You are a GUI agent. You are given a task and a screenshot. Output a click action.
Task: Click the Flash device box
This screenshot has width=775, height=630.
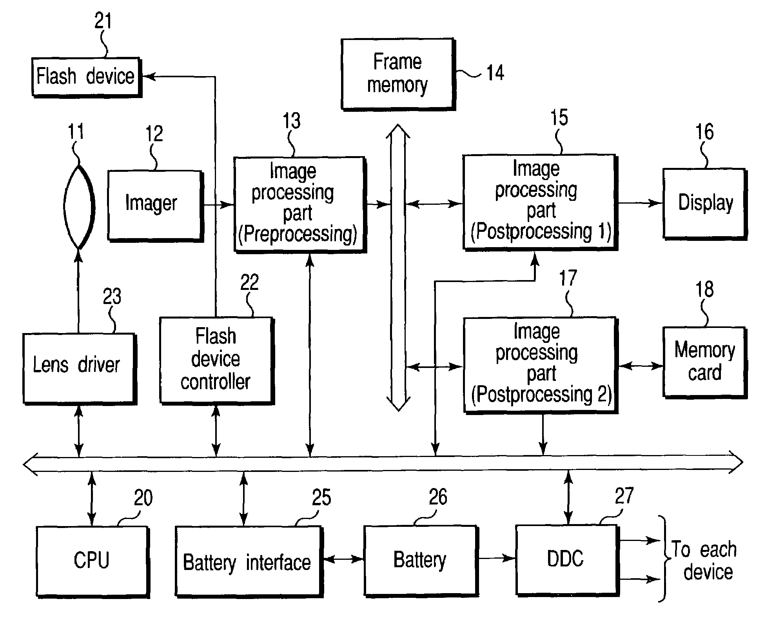coord(86,77)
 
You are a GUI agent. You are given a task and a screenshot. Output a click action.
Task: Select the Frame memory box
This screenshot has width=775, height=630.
coord(397,74)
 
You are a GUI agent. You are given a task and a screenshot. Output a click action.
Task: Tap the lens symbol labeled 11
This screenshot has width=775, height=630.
coord(79,207)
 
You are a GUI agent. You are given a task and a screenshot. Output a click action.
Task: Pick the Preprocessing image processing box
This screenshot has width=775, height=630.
coord(299,204)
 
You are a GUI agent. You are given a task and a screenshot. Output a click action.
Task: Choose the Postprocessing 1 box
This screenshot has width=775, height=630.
coord(539,202)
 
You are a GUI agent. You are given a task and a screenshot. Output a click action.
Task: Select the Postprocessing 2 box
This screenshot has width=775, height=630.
coord(540,364)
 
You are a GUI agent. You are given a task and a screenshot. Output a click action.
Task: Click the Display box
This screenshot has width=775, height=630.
coord(704,203)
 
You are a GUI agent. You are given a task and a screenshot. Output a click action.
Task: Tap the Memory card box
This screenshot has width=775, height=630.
coord(704,362)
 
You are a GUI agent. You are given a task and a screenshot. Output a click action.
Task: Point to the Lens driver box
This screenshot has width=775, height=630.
coord(78,368)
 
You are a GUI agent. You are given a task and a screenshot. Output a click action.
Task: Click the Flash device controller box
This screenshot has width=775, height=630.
coord(216,360)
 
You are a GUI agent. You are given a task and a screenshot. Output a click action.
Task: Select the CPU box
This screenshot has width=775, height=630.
coord(92,561)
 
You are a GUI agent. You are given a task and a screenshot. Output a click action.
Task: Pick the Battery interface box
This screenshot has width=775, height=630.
coord(248,561)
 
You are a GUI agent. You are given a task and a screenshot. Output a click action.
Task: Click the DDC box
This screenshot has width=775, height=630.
coord(566,560)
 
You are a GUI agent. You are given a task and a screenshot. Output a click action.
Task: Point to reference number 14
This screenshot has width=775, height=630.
coord(495,73)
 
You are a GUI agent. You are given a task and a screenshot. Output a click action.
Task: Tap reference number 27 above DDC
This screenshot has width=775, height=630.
coord(624,496)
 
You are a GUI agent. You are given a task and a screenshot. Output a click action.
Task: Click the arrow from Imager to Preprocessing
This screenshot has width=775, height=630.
coord(218,204)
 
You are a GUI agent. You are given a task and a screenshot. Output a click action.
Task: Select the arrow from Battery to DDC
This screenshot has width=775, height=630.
coord(497,558)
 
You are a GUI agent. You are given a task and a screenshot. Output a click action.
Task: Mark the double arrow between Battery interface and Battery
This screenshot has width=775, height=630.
coord(343,559)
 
